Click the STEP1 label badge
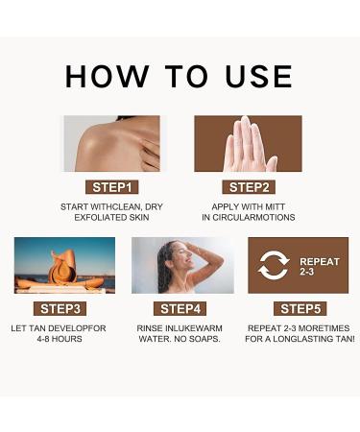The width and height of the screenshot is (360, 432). (x=111, y=186)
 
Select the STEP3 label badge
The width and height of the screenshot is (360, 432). (x=64, y=308)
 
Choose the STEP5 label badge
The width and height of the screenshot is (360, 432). (x=300, y=308)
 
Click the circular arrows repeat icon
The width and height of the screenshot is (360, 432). (x=273, y=265)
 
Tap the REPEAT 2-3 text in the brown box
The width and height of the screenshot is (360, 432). (x=319, y=266)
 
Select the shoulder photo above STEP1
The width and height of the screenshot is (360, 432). (x=111, y=143)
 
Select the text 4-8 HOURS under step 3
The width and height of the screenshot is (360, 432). (x=64, y=339)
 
